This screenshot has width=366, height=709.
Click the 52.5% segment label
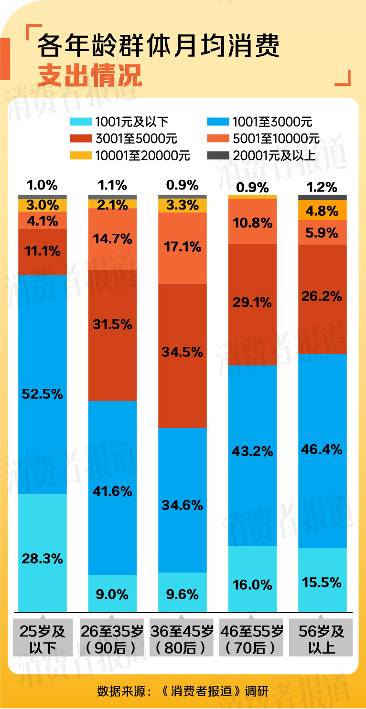(x=43, y=394)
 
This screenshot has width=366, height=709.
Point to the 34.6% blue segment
(x=182, y=500)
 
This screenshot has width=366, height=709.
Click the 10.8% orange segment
(x=252, y=221)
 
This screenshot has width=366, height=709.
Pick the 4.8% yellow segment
(x=322, y=210)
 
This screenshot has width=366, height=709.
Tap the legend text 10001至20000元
(x=142, y=156)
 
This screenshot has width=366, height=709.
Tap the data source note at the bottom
(x=183, y=690)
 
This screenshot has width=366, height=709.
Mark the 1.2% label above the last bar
(x=322, y=187)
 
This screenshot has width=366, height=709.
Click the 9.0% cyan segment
(x=112, y=594)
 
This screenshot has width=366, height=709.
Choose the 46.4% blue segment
(x=322, y=450)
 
